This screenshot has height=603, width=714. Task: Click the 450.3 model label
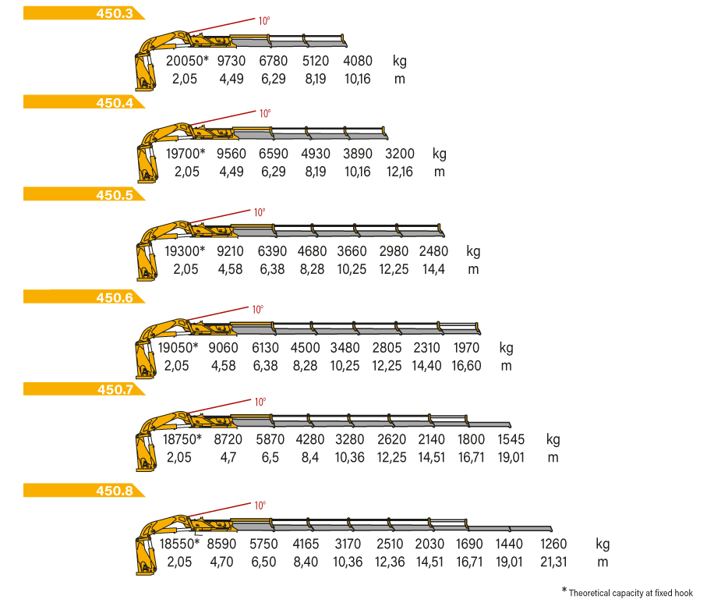click(115, 13)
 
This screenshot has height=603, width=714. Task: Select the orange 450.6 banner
click(83, 297)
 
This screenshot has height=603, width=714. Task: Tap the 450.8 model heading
click(115, 491)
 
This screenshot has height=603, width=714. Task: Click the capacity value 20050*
click(187, 61)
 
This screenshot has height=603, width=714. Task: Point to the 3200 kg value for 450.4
click(399, 154)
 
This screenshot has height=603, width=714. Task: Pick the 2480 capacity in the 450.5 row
click(433, 251)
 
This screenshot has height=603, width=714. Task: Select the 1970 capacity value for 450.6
click(466, 348)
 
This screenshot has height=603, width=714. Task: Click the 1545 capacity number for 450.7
click(511, 439)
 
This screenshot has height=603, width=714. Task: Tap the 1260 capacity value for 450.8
click(553, 544)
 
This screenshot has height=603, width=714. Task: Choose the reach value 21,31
click(553, 562)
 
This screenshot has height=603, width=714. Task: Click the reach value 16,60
click(466, 366)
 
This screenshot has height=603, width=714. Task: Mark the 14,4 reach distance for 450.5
click(433, 269)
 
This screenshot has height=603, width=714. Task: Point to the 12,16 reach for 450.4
click(399, 172)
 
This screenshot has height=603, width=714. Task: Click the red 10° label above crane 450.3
click(264, 21)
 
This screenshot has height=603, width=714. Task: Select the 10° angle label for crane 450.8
click(260, 505)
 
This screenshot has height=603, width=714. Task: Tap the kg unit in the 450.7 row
click(553, 440)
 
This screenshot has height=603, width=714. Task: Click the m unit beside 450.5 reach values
click(473, 269)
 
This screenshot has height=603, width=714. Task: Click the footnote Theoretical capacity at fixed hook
click(631, 593)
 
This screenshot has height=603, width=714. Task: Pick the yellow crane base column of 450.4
click(147, 164)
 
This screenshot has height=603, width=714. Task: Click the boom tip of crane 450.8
click(551, 529)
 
